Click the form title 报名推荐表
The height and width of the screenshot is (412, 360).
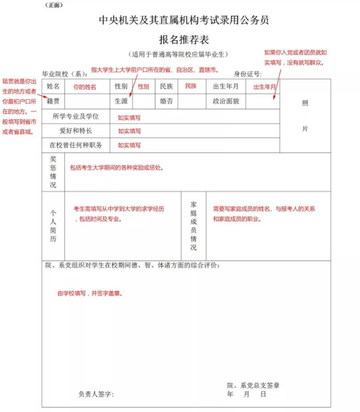[184, 39]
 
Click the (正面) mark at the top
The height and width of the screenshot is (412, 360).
[54, 5]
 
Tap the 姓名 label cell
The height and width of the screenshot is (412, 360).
[53, 86]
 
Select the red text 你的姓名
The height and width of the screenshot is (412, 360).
[85, 87]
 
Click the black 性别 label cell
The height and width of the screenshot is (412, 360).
[121, 86]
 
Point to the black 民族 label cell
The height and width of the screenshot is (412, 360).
[166, 86]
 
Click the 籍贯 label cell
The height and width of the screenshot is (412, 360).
[53, 101]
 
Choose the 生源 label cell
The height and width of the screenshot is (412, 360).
[121, 101]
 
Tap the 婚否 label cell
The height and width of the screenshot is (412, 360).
[166, 101]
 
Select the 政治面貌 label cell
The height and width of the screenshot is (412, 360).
[226, 101]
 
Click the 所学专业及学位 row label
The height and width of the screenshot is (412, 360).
[76, 116]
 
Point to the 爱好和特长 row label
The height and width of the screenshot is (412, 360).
[76, 131]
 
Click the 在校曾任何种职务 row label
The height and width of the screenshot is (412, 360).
[76, 145]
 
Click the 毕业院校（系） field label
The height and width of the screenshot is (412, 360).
[65, 74]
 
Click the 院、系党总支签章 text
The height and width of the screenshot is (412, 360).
[253, 385]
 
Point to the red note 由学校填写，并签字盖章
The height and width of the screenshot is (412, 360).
[90, 293]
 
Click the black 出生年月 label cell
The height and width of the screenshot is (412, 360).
[226, 86]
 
